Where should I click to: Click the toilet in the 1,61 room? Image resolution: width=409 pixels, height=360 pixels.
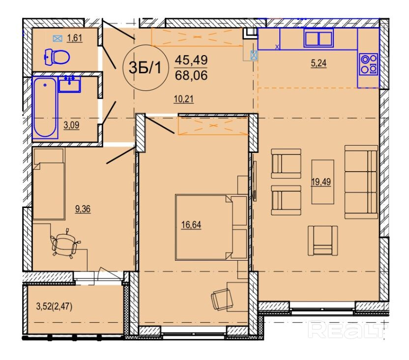click(x=57, y=57)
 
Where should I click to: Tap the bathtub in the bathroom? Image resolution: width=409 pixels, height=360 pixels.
click(x=45, y=107)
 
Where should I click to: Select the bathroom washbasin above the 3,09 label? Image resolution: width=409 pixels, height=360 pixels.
click(x=69, y=84)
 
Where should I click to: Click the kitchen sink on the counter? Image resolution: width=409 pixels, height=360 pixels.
click(x=319, y=38)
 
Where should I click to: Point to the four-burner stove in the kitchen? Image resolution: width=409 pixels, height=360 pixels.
click(x=368, y=64)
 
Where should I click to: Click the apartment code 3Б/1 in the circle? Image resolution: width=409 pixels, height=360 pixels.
click(x=146, y=68)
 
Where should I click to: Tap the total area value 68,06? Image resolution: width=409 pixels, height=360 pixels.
click(x=191, y=75)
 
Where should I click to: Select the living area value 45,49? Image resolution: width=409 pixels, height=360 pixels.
click(x=191, y=60)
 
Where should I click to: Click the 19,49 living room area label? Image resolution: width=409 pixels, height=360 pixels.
click(x=321, y=181)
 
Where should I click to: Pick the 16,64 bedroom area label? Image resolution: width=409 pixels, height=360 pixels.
click(x=191, y=225)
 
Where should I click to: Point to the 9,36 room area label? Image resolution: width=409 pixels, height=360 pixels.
click(x=83, y=209)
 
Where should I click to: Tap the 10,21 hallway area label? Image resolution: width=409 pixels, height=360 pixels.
click(x=184, y=99)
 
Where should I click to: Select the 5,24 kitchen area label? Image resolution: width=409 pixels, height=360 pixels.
click(x=319, y=63)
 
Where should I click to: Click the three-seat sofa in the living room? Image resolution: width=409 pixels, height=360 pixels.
click(x=361, y=182)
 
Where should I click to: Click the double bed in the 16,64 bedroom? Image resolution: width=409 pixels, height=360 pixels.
click(x=211, y=227)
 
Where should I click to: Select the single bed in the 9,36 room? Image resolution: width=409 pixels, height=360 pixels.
click(x=49, y=184)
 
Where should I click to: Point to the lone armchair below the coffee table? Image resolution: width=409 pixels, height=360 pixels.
click(x=322, y=240)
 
